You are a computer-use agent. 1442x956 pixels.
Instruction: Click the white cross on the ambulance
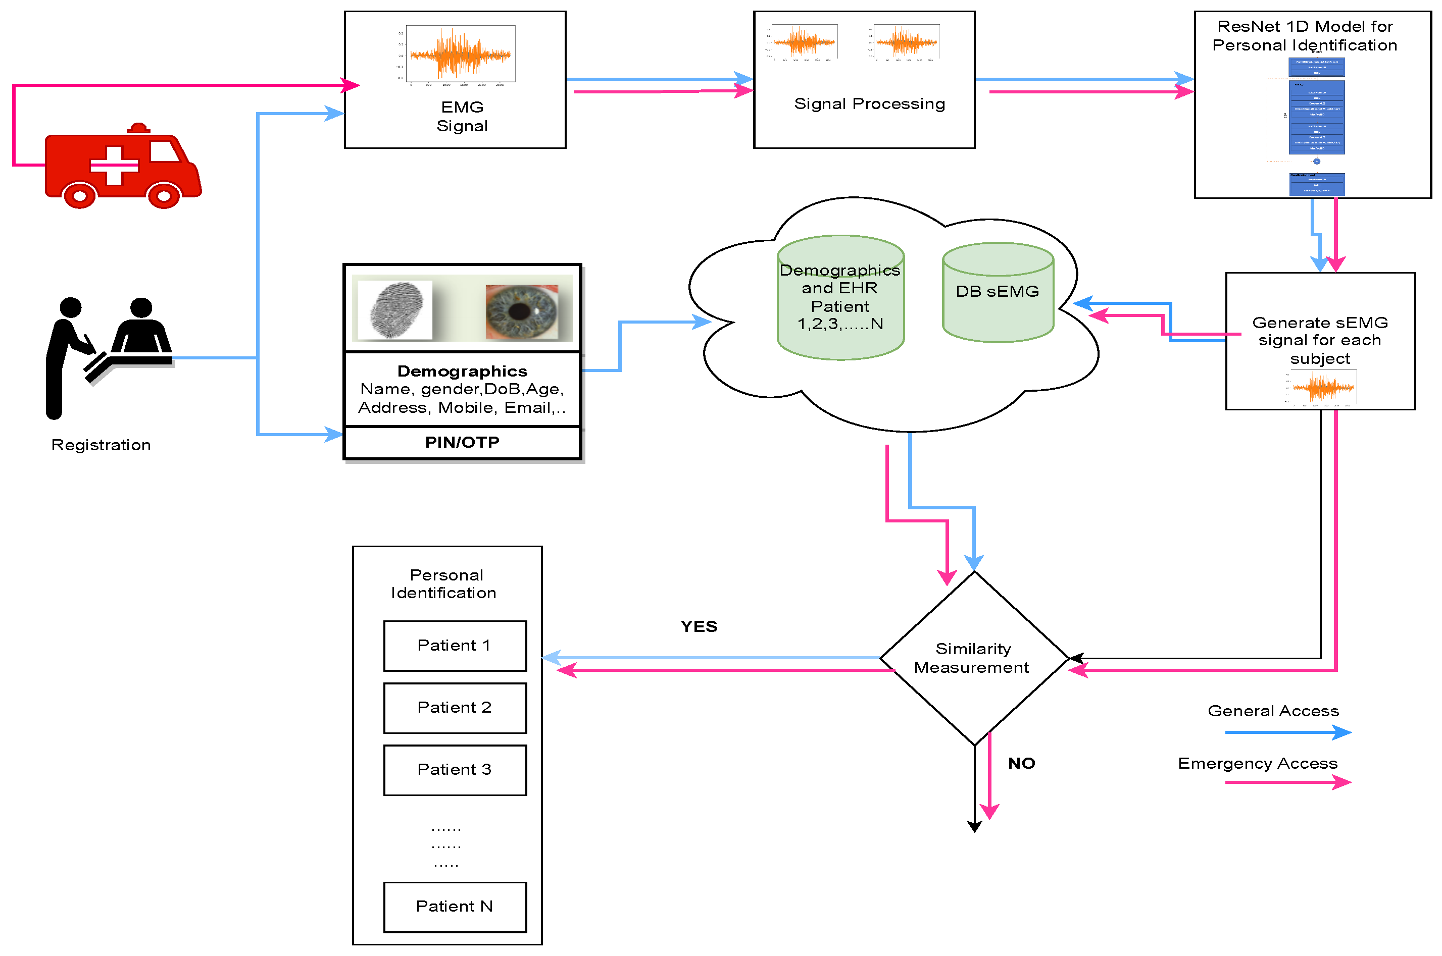(114, 165)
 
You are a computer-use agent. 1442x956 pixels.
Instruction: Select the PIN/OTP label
(462, 442)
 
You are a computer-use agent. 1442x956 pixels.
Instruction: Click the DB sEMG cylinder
(998, 293)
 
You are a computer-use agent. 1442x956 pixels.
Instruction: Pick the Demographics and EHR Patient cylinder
(840, 297)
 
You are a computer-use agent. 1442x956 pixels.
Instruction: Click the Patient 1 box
(455, 646)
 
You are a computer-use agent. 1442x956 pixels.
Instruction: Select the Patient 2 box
(455, 708)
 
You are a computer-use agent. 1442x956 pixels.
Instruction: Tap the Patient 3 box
(455, 770)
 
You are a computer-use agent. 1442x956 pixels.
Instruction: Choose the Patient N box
(455, 907)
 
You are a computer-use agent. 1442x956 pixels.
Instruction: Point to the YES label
(699, 626)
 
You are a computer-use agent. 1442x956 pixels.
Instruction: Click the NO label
(1021, 763)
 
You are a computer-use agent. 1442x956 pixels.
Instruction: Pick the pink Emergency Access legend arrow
(1287, 782)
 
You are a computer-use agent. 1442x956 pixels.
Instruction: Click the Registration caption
(101, 445)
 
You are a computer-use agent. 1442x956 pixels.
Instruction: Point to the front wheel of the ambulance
(164, 196)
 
